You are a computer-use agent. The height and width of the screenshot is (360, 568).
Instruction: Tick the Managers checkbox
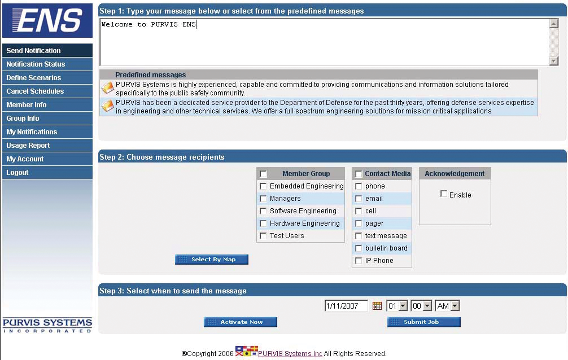click(x=263, y=199)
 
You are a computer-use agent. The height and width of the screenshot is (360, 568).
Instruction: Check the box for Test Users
click(x=263, y=236)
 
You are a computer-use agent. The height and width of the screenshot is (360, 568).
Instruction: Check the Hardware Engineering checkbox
click(x=263, y=223)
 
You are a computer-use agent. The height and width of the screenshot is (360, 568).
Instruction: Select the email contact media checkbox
click(x=359, y=199)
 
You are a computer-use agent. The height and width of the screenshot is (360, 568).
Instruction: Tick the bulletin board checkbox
click(x=359, y=248)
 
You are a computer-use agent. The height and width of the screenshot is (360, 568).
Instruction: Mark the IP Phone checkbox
click(x=359, y=261)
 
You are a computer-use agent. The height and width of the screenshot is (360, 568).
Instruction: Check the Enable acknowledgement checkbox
click(x=444, y=194)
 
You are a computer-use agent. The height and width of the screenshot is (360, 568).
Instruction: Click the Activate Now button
click(x=241, y=322)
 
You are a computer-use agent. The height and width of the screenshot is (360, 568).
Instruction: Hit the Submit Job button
click(x=424, y=322)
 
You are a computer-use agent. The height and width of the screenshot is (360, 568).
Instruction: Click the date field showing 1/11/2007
click(x=346, y=306)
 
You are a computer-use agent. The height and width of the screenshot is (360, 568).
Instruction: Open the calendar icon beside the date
click(x=377, y=306)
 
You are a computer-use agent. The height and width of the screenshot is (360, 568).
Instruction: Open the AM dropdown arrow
click(x=455, y=306)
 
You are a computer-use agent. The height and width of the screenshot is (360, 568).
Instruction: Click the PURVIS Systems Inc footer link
click(x=290, y=353)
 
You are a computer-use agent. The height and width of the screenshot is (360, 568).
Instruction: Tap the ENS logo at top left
click(x=47, y=20)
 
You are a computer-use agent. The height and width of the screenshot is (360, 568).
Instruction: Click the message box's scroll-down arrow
click(x=553, y=61)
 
